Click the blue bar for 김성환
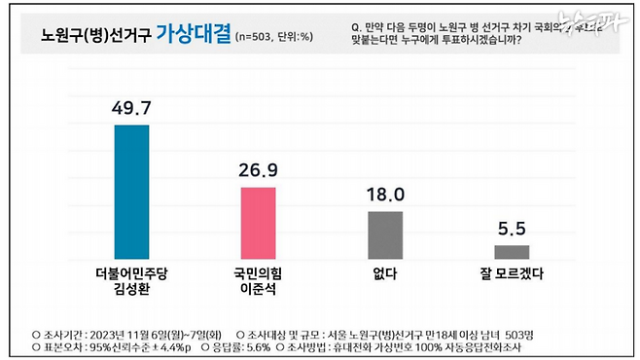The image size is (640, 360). click(131, 191)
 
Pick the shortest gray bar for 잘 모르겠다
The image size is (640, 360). click(512, 251)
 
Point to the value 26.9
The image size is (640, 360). click(258, 169)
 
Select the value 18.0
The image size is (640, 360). click(385, 194)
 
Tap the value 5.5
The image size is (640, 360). click(512, 230)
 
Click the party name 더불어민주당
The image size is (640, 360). click(131, 274)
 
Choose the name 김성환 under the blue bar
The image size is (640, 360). click(131, 290)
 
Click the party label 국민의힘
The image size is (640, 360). click(258, 274)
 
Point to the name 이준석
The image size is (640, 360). click(258, 290)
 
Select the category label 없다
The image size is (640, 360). click(385, 275)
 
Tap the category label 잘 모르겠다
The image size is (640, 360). click(512, 275)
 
